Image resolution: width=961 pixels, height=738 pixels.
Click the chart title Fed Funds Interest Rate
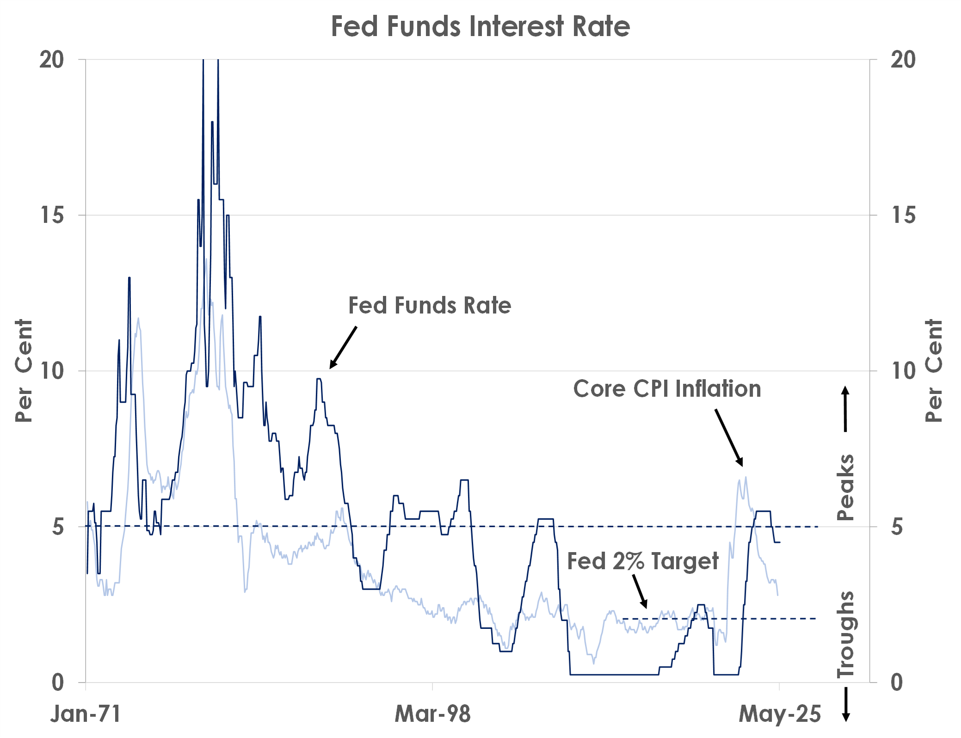tap(480, 26)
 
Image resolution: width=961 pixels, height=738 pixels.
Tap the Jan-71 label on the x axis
tap(86, 713)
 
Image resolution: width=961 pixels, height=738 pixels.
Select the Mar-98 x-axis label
tap(432, 713)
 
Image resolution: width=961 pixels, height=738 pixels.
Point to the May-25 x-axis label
tap(780, 713)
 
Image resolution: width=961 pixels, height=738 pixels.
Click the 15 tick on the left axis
tap(52, 215)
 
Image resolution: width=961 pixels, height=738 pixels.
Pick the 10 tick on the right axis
tap(903, 371)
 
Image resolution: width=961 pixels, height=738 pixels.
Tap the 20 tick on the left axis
tap(52, 60)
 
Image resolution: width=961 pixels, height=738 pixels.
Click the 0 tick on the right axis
tap(897, 683)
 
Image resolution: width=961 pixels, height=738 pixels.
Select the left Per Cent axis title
tap(24, 370)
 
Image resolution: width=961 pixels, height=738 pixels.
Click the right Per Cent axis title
tap(933, 370)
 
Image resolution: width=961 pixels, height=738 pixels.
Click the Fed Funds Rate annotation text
tap(430, 306)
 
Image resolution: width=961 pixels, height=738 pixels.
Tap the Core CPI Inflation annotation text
tap(667, 388)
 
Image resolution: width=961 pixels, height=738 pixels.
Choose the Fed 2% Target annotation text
tap(642, 561)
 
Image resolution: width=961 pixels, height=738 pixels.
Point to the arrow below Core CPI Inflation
tap(729, 437)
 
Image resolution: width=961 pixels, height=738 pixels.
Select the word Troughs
tap(845, 634)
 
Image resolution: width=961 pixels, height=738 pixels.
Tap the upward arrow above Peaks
tap(845, 409)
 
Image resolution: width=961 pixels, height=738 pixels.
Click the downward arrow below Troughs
tap(846, 704)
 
